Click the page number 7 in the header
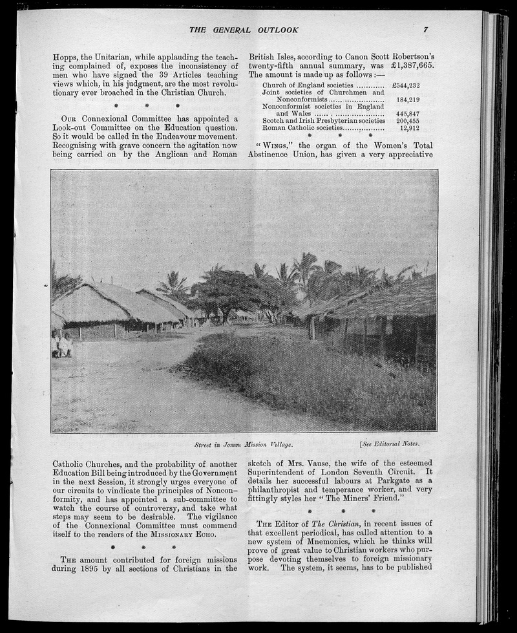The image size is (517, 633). pos(427,30)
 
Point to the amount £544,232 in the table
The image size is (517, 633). pos(406,85)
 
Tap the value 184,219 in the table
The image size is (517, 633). pos(408,100)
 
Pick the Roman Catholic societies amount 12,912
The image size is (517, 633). pos(410,128)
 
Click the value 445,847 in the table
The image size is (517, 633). pos(408,114)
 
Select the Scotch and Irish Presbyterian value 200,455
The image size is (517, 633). pos(408,121)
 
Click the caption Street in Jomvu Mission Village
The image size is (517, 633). pos(244,445)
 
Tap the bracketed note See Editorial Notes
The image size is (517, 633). pos(390,444)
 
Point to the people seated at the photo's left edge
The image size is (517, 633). pos(63,345)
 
